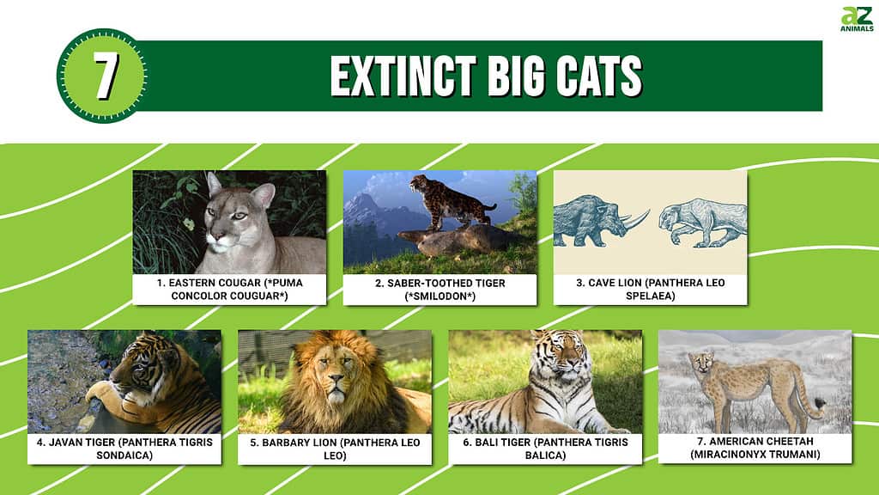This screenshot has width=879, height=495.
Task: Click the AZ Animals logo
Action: point(857,19)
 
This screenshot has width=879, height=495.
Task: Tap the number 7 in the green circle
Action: point(106,76)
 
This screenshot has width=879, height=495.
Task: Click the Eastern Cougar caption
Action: point(230,289)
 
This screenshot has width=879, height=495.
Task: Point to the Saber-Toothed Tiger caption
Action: point(440,290)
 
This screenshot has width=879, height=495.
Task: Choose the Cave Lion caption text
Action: point(651,289)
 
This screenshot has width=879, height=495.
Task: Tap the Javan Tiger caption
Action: point(124,449)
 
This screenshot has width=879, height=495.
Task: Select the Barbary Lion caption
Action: point(335,449)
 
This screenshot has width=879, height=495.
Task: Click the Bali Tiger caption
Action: point(545,449)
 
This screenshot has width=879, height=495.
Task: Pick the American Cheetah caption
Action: point(755,447)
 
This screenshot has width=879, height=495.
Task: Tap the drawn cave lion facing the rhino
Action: point(703,223)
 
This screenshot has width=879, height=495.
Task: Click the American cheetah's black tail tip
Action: point(821,402)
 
